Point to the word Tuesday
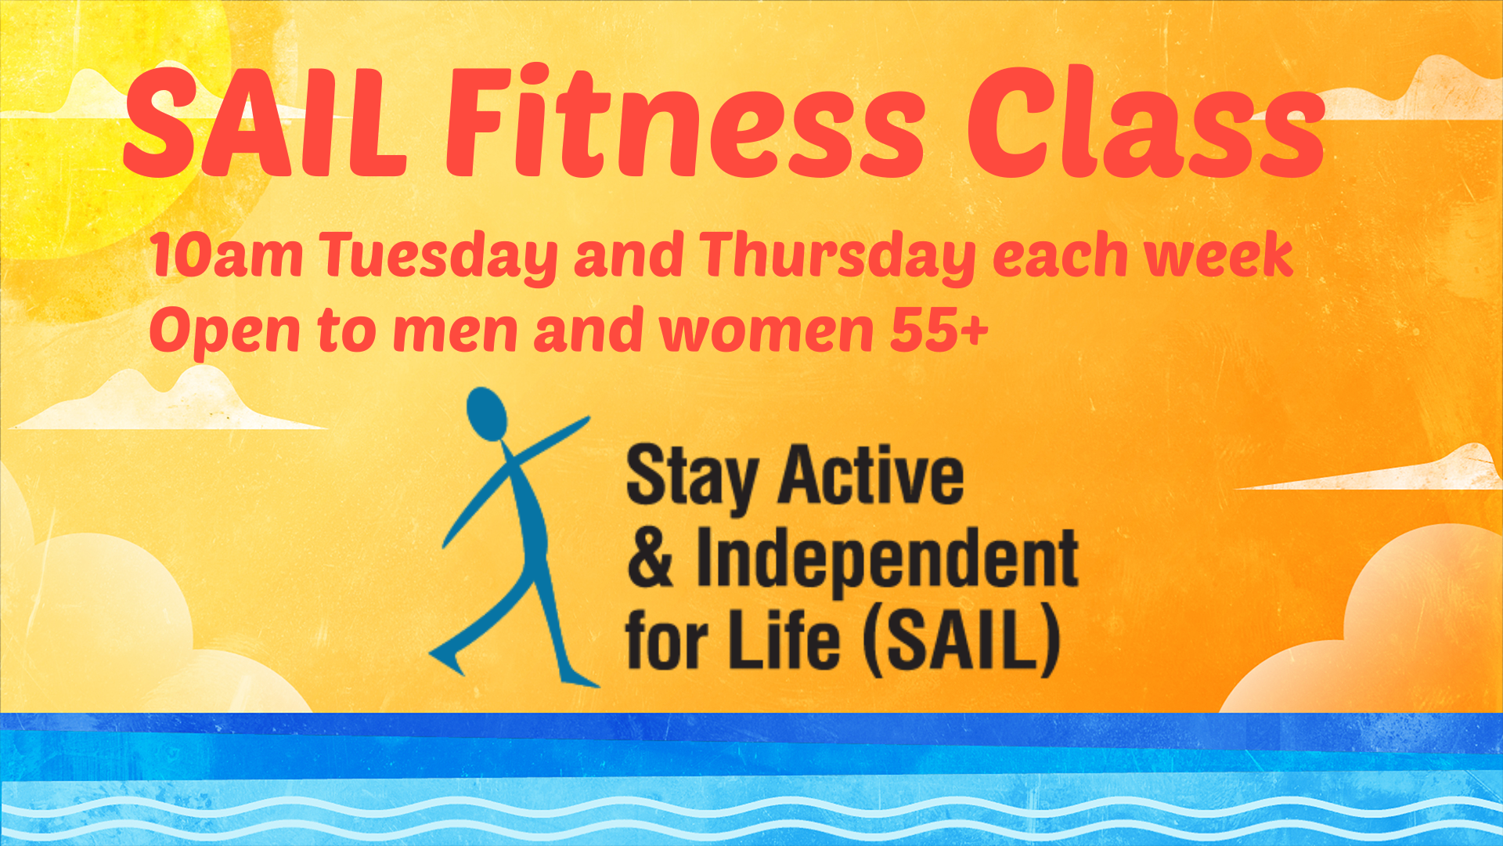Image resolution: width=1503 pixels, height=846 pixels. pos(439,257)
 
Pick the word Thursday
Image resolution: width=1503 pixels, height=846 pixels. pos(838,257)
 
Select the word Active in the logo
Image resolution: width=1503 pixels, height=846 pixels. pos(870,474)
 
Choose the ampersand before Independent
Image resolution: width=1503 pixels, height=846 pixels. pos(650,557)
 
